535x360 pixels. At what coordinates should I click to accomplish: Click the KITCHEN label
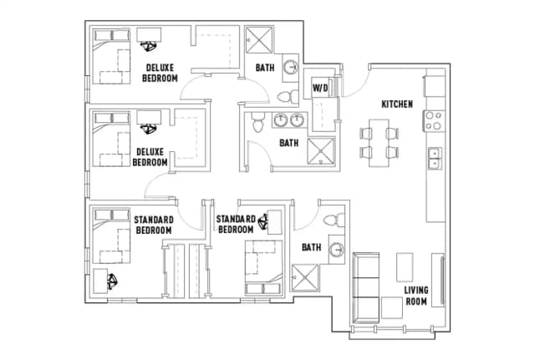click(396, 104)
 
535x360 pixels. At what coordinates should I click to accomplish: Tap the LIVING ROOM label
click(415, 296)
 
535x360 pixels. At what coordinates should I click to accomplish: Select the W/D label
click(320, 88)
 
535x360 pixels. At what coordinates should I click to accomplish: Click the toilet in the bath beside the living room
click(333, 221)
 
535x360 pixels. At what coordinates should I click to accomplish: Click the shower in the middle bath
click(318, 151)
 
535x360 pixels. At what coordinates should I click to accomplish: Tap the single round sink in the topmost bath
click(290, 68)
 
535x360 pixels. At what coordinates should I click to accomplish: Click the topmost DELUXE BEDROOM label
click(160, 73)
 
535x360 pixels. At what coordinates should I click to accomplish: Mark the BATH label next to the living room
click(312, 247)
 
